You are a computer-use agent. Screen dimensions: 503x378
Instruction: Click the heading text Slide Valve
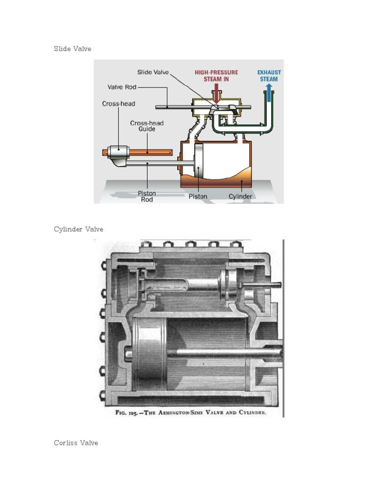(72, 49)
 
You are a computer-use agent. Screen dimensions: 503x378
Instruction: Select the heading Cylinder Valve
(78, 229)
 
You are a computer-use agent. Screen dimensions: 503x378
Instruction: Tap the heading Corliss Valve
(76, 443)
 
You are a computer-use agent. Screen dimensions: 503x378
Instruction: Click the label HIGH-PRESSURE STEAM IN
(216, 76)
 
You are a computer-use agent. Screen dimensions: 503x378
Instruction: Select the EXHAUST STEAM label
(269, 76)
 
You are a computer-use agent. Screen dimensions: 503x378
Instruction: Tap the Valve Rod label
(122, 87)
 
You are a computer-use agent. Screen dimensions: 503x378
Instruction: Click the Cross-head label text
(118, 104)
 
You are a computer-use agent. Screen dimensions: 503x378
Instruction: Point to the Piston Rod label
(147, 196)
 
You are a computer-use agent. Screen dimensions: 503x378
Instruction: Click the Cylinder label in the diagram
(240, 196)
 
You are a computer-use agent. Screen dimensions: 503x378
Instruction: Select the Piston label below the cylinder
(198, 196)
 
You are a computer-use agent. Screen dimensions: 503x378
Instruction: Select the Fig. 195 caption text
(190, 413)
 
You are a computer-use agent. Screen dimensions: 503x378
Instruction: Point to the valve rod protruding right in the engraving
(266, 285)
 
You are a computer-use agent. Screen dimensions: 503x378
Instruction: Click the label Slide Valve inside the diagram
(153, 72)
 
